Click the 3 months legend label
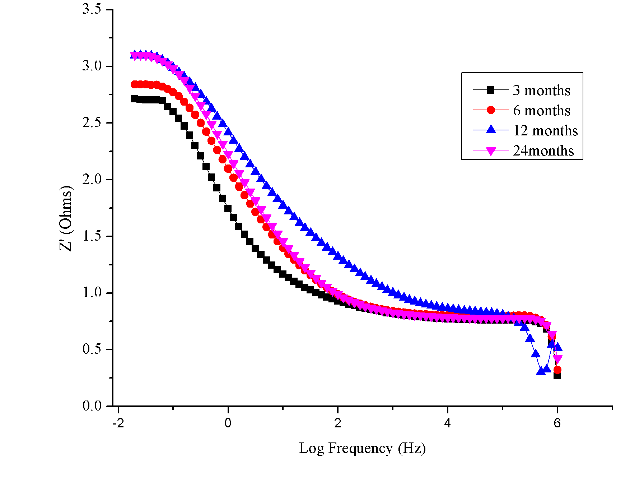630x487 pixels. click(x=541, y=91)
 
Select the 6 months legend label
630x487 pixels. click(x=541, y=111)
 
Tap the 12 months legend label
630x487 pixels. click(x=545, y=131)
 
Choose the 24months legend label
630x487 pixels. click(x=543, y=151)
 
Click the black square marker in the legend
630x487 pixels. click(x=490, y=90)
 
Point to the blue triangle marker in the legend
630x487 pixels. click(x=490, y=130)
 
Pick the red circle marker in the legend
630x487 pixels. click(x=490, y=110)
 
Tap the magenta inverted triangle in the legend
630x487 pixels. click(x=490, y=151)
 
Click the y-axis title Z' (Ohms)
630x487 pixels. click(x=66, y=218)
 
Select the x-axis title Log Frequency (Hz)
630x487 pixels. click(x=362, y=448)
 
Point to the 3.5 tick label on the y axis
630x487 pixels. click(x=92, y=9)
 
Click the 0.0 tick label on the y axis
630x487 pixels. click(x=92, y=406)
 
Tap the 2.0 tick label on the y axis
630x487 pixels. click(x=92, y=179)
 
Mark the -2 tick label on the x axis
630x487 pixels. click(x=118, y=423)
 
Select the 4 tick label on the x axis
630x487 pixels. click(x=447, y=423)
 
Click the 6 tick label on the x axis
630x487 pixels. click(x=557, y=423)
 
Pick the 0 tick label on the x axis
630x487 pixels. click(x=228, y=423)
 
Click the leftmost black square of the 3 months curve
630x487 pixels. click(x=134, y=98)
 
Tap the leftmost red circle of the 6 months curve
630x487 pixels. click(x=134, y=84)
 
